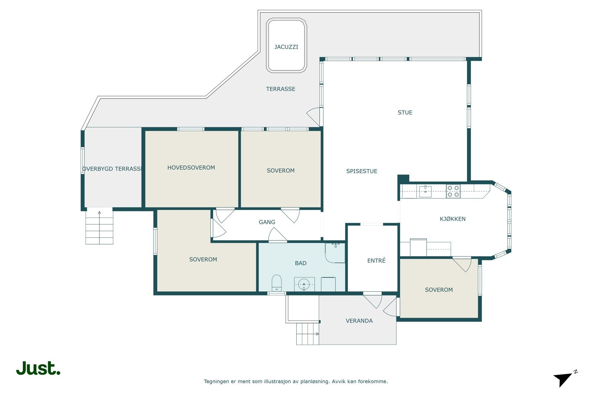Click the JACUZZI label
coord(286,47)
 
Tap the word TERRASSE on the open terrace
coord(281,89)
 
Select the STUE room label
coord(405,113)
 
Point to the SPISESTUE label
coord(361,171)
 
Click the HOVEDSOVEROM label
coord(191,168)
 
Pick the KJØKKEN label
coord(453,219)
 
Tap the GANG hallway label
coord(267,222)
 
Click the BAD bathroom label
coord(301,263)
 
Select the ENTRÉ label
coord(376,261)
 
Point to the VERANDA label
coord(359,321)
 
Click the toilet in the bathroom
coord(277,283)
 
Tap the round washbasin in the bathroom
coord(304,284)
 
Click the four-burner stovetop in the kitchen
coord(453,191)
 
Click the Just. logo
coord(38,368)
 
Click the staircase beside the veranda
coord(307,334)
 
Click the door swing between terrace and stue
coord(313,117)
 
